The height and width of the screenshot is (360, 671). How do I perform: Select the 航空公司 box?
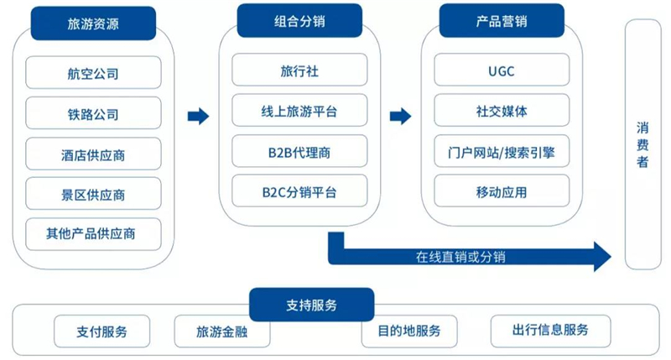(x=93, y=73)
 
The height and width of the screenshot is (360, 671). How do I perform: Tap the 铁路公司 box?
(x=93, y=114)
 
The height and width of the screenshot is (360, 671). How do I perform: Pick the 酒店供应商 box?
(x=93, y=154)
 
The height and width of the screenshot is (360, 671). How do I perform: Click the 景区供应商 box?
(x=93, y=195)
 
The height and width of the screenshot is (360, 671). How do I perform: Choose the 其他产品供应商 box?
(x=93, y=234)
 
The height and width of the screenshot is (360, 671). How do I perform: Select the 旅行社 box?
(x=299, y=70)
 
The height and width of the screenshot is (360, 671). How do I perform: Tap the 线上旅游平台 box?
(x=299, y=111)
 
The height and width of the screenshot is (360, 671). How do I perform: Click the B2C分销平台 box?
(x=299, y=191)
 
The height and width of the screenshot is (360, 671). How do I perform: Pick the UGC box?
(x=502, y=70)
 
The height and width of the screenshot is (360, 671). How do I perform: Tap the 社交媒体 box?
(x=502, y=111)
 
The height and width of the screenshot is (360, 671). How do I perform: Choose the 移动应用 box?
(x=502, y=191)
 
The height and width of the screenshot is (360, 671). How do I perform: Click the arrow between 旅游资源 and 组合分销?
(x=198, y=116)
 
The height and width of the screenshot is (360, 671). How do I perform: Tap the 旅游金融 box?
(x=222, y=331)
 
